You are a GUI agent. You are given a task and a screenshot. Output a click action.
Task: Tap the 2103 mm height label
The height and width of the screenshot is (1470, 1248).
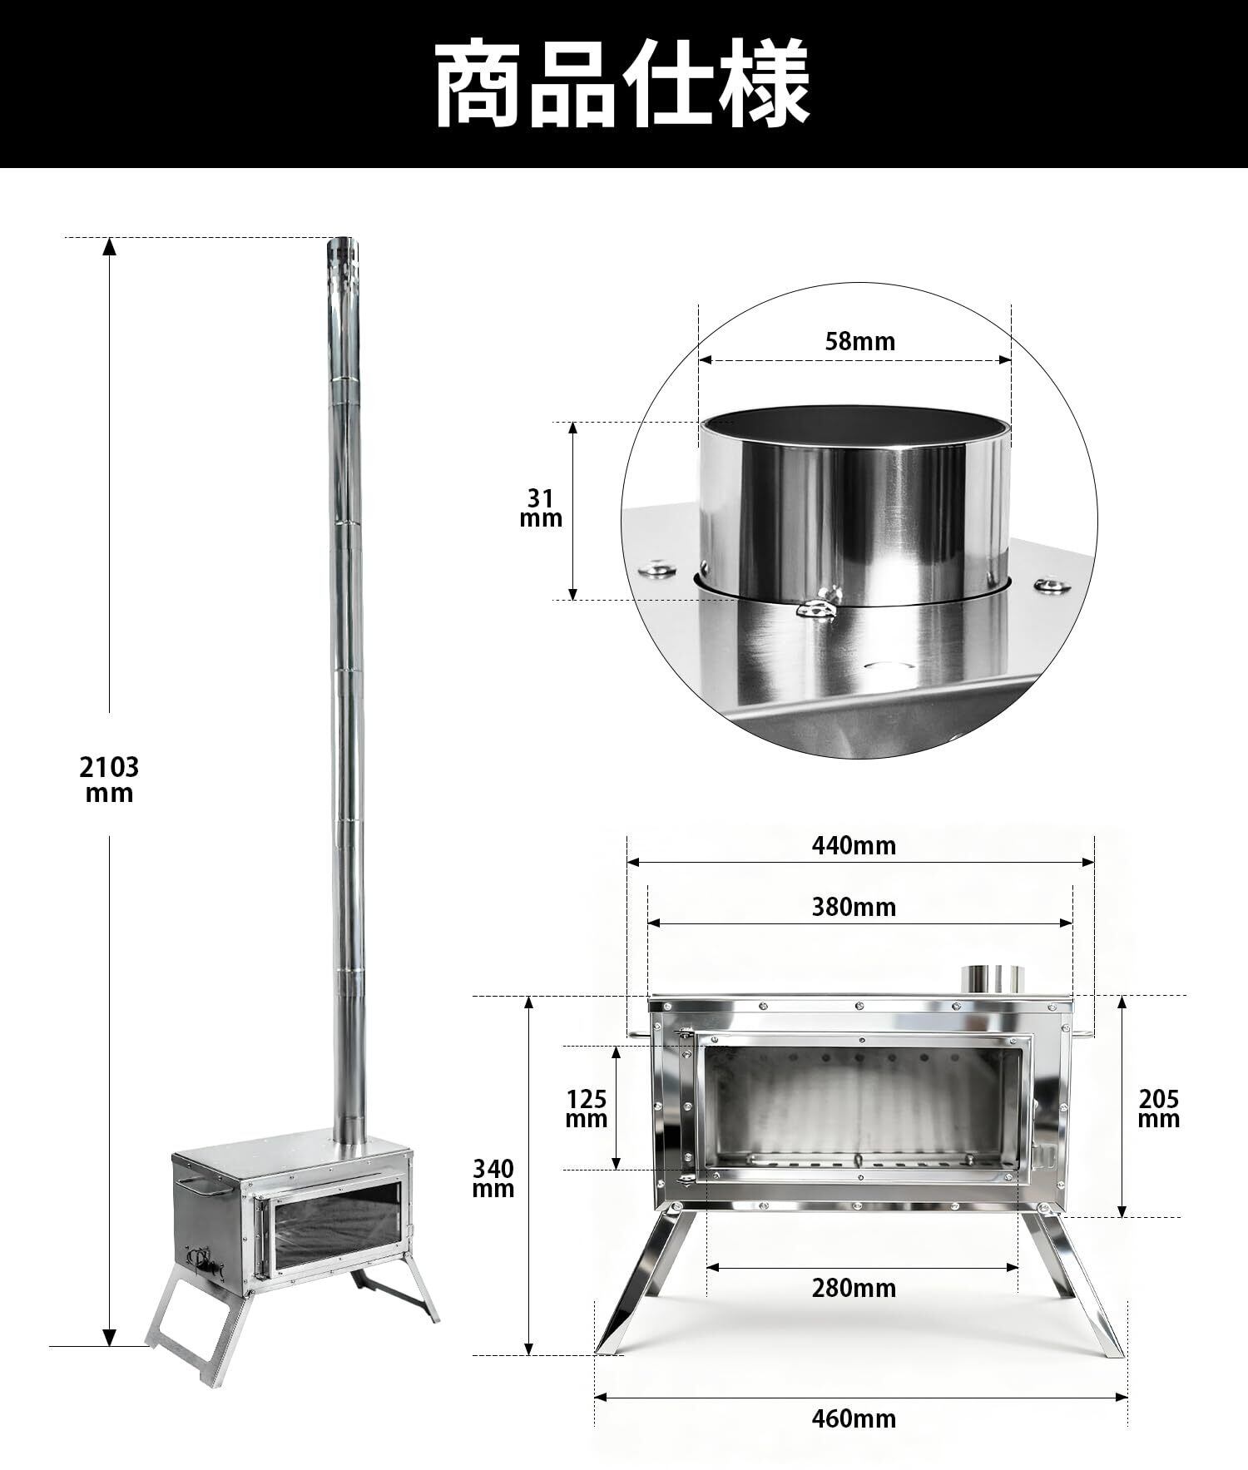click(109, 779)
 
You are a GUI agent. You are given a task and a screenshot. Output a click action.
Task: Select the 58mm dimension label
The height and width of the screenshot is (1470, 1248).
click(860, 341)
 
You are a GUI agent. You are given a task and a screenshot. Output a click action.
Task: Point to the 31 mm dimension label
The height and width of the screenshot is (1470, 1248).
click(541, 508)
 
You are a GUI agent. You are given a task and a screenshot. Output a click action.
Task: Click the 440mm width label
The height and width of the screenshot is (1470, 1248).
click(854, 845)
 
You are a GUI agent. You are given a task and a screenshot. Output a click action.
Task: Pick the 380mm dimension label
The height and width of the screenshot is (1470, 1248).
click(854, 907)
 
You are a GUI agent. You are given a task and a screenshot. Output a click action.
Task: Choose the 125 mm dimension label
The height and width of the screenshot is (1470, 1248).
click(587, 1108)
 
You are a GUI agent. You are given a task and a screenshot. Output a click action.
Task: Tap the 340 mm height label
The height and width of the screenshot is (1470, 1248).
click(493, 1179)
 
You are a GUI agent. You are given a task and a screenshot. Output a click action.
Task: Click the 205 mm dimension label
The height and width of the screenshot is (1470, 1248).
click(1159, 1109)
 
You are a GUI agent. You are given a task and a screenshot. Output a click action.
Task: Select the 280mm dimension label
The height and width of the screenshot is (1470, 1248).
click(854, 1289)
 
